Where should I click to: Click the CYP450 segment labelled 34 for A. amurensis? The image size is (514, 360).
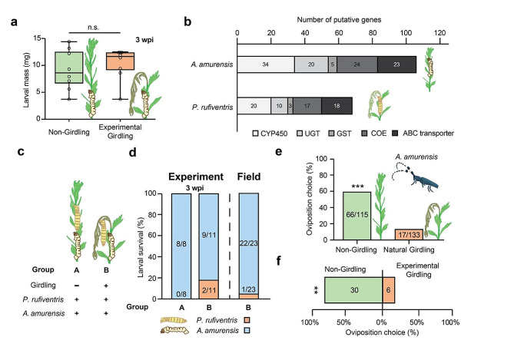point(266,63)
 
